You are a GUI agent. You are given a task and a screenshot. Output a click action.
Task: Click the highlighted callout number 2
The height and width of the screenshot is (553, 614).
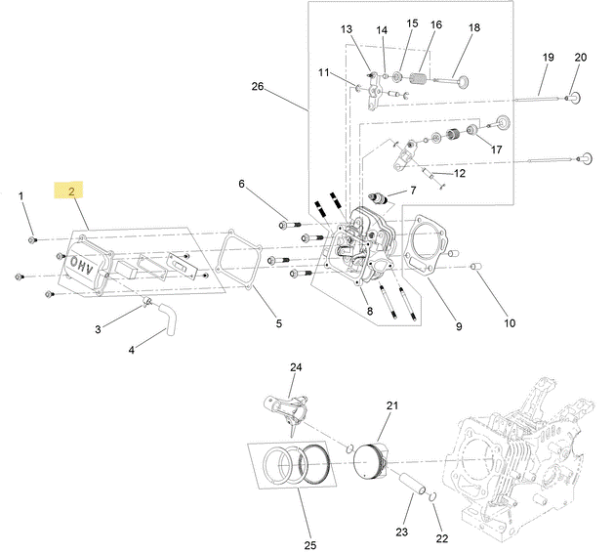[x=71, y=191]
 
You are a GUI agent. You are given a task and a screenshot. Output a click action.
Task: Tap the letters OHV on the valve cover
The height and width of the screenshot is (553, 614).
[x=81, y=266]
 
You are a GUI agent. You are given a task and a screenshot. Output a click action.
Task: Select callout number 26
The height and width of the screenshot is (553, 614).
[x=258, y=86]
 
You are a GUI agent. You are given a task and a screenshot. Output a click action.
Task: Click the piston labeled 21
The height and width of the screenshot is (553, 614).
[x=371, y=461]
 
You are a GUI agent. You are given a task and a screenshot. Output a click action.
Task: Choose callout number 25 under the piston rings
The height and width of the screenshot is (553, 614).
[x=310, y=545]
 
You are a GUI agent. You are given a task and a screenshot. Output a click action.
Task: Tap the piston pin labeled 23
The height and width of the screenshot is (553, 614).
[x=412, y=484]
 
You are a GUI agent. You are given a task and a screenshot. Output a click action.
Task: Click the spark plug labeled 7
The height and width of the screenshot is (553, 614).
[x=379, y=198]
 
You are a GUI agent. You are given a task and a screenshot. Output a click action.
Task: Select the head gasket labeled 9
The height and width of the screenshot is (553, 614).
[x=426, y=245]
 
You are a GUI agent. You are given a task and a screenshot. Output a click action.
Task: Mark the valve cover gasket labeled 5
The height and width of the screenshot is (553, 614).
[x=238, y=261]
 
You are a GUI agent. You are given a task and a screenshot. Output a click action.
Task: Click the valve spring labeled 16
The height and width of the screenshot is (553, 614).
[x=419, y=78]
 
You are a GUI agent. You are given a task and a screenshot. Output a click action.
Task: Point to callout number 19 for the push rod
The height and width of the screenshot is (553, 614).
[x=549, y=58]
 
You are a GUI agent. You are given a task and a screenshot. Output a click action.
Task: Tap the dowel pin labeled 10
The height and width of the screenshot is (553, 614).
[x=475, y=267]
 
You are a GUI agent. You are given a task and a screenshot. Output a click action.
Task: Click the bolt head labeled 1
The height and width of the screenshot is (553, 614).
[x=31, y=239]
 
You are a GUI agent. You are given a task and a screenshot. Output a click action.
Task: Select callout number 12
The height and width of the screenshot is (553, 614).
[x=460, y=173]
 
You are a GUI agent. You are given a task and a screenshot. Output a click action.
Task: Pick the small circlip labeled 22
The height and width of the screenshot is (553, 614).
[x=432, y=497]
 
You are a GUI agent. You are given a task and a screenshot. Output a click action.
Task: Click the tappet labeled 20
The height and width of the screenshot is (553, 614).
[x=573, y=97]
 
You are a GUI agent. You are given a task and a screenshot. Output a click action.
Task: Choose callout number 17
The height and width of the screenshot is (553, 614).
[x=496, y=149]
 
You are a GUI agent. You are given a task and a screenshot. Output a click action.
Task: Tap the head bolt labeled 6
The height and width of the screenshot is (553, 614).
[x=290, y=226]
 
